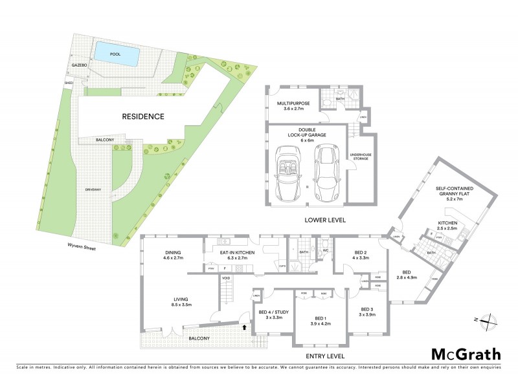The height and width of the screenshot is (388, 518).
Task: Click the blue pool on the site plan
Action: (x=116, y=54)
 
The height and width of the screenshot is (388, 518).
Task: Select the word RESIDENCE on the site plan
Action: (x=142, y=117)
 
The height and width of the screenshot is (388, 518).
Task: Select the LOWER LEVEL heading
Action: (x=325, y=220)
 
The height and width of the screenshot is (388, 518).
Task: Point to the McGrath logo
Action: (x=466, y=354)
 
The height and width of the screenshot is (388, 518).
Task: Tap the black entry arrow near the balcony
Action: (x=243, y=327)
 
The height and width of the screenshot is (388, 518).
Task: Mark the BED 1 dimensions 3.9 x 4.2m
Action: (x=320, y=323)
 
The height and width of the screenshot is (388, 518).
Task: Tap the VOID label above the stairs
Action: (x=226, y=278)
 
